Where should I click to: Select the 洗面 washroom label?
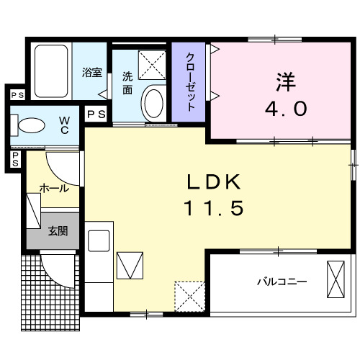(127, 83)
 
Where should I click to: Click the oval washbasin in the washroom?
(154, 103)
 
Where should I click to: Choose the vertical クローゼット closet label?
(191, 81)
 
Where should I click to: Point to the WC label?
(64, 124)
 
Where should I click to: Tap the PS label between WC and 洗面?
(95, 114)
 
